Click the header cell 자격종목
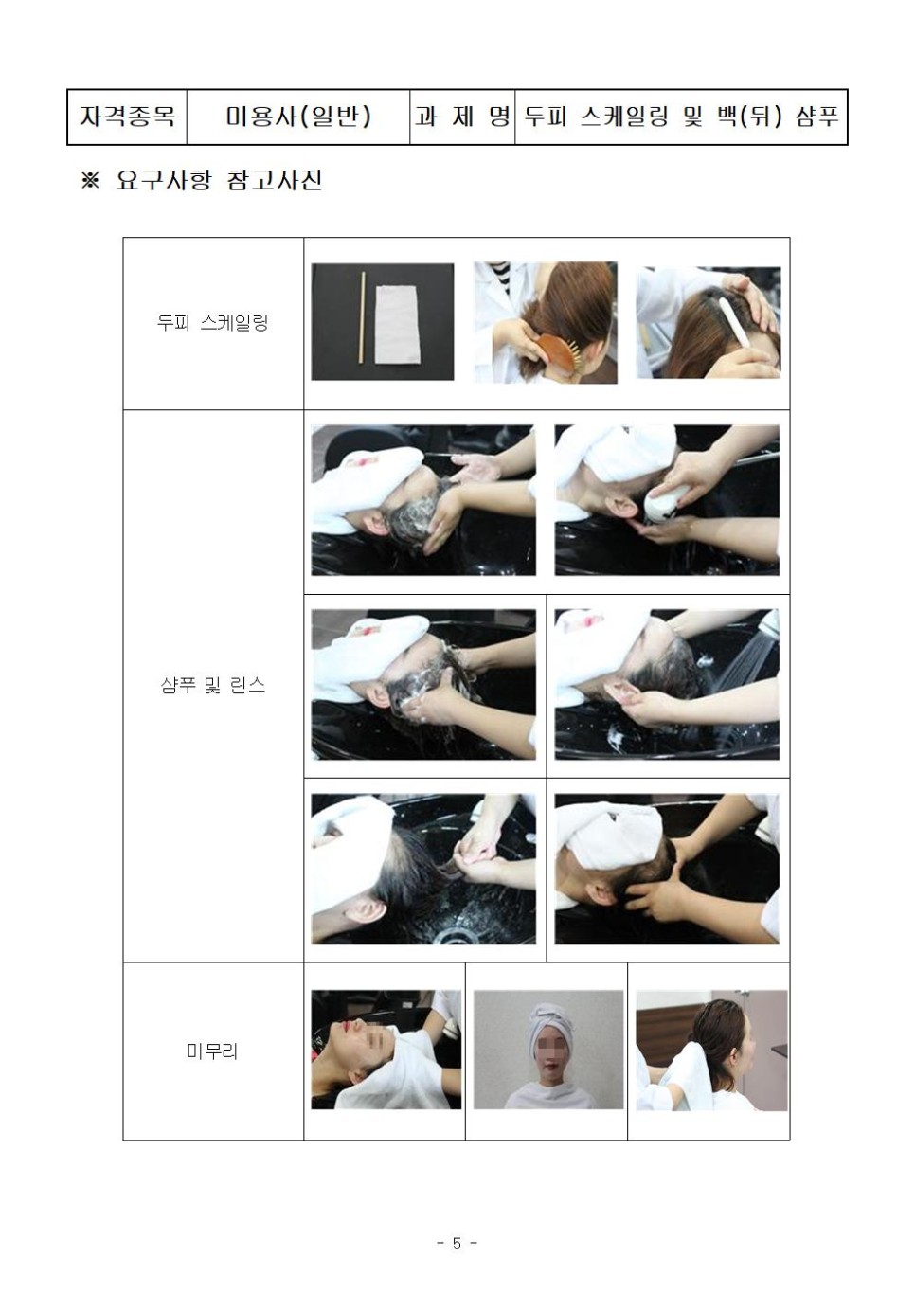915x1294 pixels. (127, 117)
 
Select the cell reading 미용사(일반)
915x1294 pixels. (298, 117)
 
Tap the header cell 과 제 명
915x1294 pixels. (462, 117)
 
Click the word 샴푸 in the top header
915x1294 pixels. (816, 117)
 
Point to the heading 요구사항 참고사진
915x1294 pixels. (219, 180)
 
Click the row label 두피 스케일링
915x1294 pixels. (212, 322)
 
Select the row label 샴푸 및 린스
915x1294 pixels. (212, 686)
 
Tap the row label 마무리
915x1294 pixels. (212, 1051)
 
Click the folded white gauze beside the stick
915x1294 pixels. (399, 326)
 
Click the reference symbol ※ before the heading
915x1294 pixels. (91, 181)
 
